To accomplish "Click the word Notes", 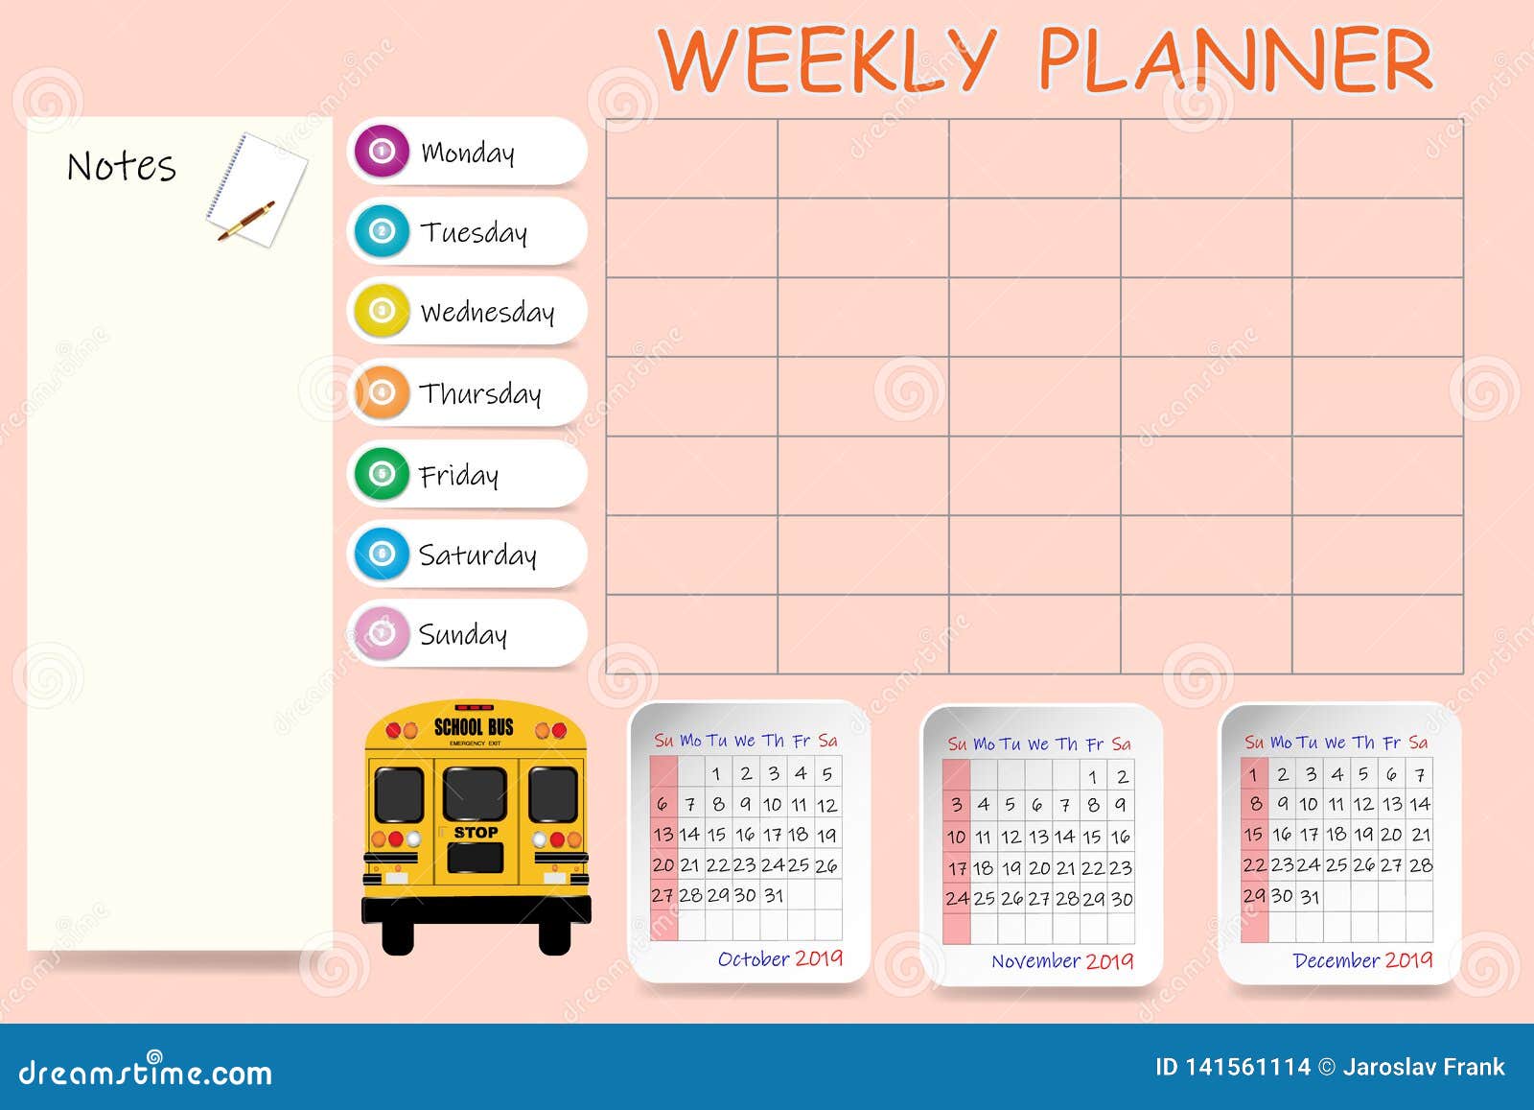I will [122, 167].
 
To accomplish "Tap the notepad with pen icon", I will [255, 189].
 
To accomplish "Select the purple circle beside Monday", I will [382, 152].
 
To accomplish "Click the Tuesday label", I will [474, 232].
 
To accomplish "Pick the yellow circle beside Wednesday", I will [382, 311].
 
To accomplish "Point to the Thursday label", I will [480, 393].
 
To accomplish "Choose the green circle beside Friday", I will [382, 473].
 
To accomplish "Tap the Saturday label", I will [477, 555].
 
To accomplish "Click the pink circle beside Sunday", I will [382, 633].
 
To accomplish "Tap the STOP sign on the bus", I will [476, 833].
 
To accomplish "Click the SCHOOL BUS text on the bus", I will [474, 727].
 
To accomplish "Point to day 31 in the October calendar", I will [774, 895].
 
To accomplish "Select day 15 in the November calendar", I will [1092, 837].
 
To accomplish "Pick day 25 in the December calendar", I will [1336, 865].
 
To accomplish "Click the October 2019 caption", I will [779, 958].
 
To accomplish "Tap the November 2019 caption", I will [1062, 961].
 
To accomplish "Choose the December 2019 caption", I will [1362, 960].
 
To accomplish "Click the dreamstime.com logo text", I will [146, 1073].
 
